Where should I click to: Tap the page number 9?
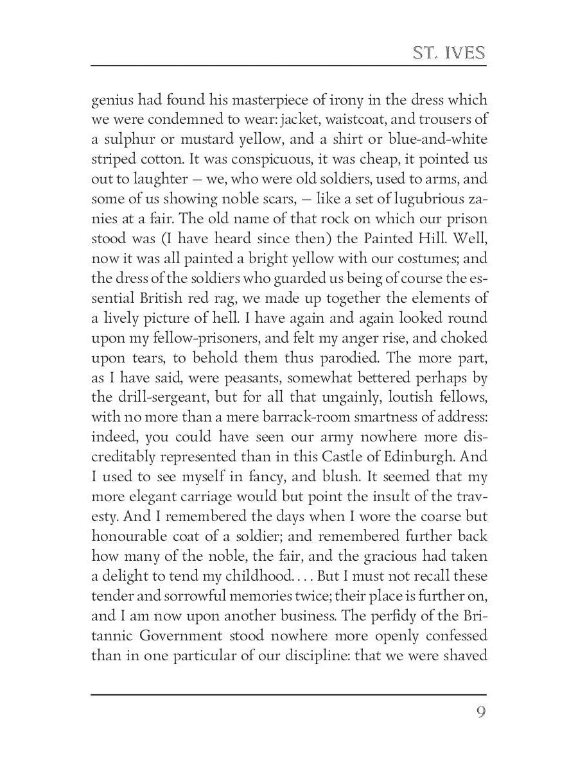coord(480,712)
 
